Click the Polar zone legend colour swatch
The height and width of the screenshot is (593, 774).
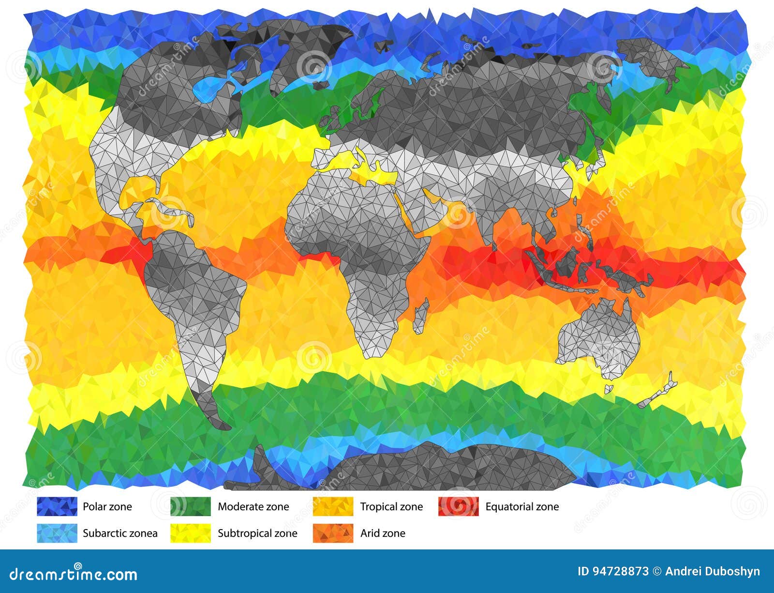[x=57, y=506]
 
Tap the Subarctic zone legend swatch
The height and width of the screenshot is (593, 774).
[x=57, y=533]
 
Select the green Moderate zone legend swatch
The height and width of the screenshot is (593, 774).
[x=191, y=506]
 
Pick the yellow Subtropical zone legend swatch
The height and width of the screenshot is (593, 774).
[x=191, y=533]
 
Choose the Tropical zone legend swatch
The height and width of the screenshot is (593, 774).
[x=333, y=506]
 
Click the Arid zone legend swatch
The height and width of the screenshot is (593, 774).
[x=333, y=533]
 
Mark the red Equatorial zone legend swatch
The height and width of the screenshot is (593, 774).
[x=458, y=506]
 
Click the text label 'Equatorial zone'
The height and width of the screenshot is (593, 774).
[x=522, y=507]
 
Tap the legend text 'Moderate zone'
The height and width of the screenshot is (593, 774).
[x=253, y=507]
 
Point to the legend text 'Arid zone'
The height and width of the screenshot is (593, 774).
[x=383, y=533]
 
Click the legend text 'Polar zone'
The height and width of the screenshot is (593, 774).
[x=107, y=507]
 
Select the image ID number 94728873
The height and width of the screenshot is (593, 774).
[x=613, y=572]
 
